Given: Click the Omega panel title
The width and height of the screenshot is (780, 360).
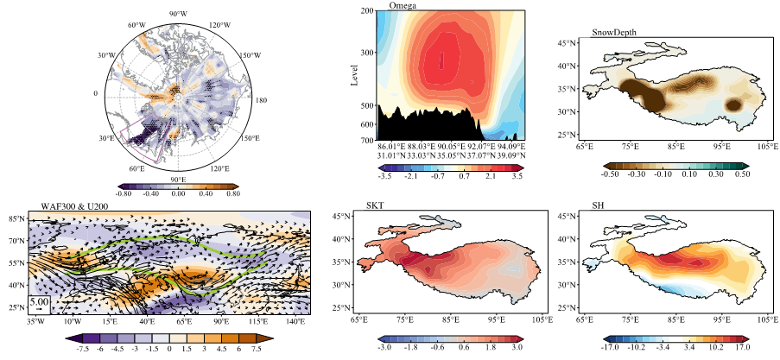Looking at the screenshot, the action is pos(402,6).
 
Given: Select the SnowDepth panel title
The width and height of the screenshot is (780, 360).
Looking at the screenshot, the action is pos(614,33).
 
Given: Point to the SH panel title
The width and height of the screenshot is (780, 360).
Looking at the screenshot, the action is pos(599,205).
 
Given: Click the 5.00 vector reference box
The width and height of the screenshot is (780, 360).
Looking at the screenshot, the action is pos(39,304).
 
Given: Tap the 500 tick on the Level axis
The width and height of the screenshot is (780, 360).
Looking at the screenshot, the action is pos(367,105).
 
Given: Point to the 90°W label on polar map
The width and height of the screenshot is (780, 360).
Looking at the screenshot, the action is pos(178,14).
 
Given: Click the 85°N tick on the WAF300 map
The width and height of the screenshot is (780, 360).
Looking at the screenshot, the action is pos(17,218).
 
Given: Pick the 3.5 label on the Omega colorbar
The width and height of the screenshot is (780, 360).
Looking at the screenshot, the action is pos(518,176).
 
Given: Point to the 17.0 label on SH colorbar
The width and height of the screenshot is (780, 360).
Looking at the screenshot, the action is pos(743,346).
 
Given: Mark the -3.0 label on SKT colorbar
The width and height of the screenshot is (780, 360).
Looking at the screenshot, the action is pos(384,346).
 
